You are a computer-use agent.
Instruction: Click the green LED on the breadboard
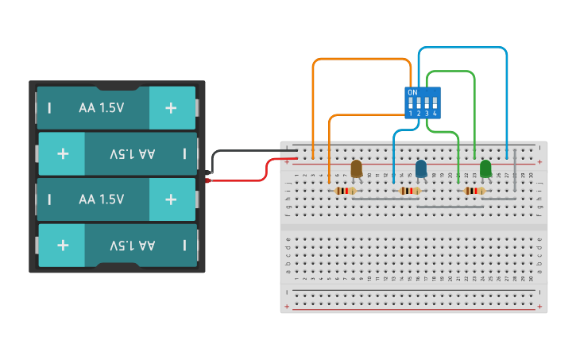[x=485, y=168]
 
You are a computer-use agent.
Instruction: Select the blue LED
[x=421, y=168]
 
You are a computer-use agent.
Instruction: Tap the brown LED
[x=357, y=168]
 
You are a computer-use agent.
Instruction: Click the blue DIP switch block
[x=422, y=103]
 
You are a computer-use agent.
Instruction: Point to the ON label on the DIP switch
[x=412, y=93]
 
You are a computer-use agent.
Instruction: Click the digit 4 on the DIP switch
[x=435, y=114]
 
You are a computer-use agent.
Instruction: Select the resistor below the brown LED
[x=345, y=191]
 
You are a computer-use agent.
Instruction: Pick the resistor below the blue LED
[x=410, y=191]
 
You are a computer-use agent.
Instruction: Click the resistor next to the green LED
[x=474, y=191]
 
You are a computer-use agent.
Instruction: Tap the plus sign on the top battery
[x=171, y=107]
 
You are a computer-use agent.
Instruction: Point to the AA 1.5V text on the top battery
[x=101, y=107]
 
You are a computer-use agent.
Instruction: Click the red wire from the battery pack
[x=238, y=179]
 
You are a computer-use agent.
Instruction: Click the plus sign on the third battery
[x=171, y=199]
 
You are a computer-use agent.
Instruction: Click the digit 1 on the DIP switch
[x=412, y=114]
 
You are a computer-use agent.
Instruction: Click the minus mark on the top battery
[x=49, y=107]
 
